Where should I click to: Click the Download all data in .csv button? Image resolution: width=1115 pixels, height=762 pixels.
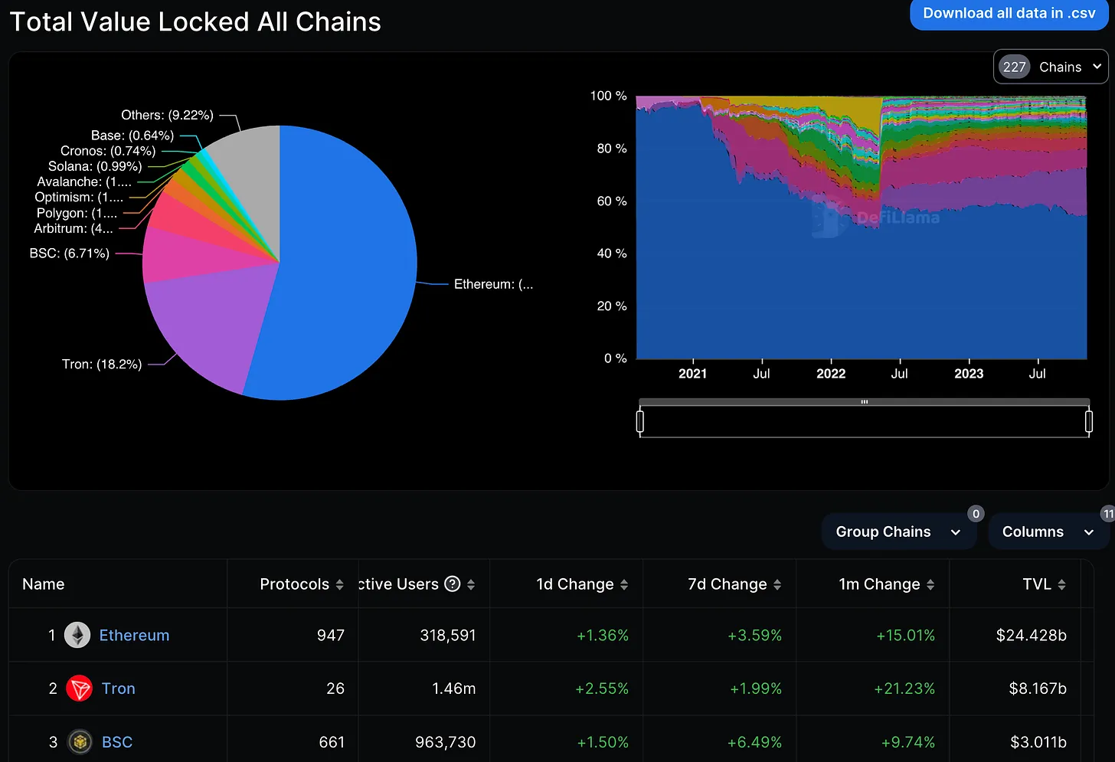pyautogui.click(x=1009, y=14)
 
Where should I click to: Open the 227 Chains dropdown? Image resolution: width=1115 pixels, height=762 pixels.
pyautogui.click(x=1051, y=67)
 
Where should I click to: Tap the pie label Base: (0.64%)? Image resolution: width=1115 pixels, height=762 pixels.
pyautogui.click(x=132, y=136)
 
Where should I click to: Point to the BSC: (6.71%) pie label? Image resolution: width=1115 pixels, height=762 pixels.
pyautogui.click(x=70, y=253)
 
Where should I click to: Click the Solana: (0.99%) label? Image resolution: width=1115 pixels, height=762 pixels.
pyautogui.click(x=95, y=166)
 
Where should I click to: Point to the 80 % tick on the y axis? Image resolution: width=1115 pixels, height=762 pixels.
pyautogui.click(x=611, y=149)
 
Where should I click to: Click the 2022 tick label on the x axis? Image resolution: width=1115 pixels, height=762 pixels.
pyautogui.click(x=831, y=374)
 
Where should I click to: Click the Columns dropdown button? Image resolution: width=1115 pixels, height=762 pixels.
pyautogui.click(x=1047, y=531)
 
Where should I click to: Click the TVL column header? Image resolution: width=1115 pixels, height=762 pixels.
pyautogui.click(x=1037, y=584)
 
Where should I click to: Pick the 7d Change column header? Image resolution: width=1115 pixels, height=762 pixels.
pyautogui.click(x=727, y=584)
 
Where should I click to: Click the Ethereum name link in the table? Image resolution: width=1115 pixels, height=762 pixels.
pyautogui.click(x=134, y=636)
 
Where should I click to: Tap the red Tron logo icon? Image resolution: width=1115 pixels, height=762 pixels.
pyautogui.click(x=79, y=688)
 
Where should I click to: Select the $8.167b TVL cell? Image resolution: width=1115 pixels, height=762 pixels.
pyautogui.click(x=1037, y=688)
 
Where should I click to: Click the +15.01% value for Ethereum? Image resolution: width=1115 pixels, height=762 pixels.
pyautogui.click(x=905, y=636)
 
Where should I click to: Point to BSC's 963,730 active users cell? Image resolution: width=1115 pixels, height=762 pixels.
pyautogui.click(x=445, y=742)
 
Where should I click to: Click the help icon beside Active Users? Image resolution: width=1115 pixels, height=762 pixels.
pyautogui.click(x=453, y=584)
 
